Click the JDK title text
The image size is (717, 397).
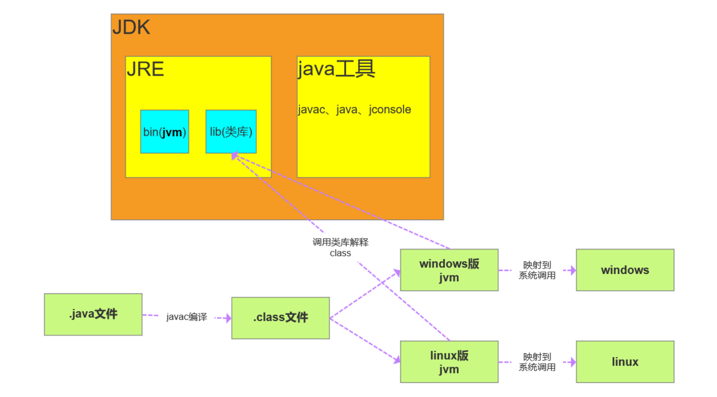[131, 27]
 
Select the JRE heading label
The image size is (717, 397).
[145, 69]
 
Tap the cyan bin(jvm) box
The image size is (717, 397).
[164, 131]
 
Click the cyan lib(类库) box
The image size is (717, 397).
[231, 131]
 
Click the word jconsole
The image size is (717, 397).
[389, 109]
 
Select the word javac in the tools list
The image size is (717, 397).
[312, 109]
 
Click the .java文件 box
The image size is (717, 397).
[93, 314]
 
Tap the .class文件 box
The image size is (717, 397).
[281, 318]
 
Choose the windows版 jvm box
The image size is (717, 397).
[449, 270]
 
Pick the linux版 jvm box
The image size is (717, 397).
[449, 362]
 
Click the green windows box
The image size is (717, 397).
[625, 270]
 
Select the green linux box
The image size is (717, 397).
[625, 362]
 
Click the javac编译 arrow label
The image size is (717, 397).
[187, 317]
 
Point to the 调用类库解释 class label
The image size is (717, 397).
[340, 248]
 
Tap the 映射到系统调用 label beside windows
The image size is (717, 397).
[537, 270]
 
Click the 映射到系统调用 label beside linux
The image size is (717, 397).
[537, 362]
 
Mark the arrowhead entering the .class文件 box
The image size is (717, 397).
[228, 318]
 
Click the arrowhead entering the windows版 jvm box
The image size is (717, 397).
[397, 272]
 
